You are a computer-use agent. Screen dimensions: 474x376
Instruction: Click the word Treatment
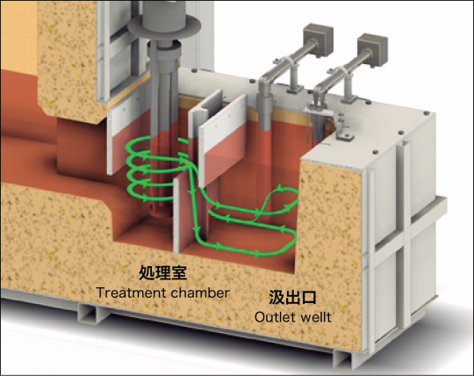[130, 293]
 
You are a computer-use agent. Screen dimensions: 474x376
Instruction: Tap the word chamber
[200, 293]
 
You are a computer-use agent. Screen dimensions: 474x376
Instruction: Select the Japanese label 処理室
[162, 273]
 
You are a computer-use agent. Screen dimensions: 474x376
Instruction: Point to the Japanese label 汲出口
[292, 297]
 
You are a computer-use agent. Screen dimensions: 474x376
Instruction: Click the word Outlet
[275, 317]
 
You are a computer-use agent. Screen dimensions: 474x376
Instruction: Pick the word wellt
[316, 317]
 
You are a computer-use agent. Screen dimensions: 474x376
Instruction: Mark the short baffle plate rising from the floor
[182, 213]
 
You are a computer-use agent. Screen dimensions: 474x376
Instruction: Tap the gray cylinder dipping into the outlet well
[265, 112]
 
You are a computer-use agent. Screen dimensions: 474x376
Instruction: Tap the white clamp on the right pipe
[341, 72]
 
